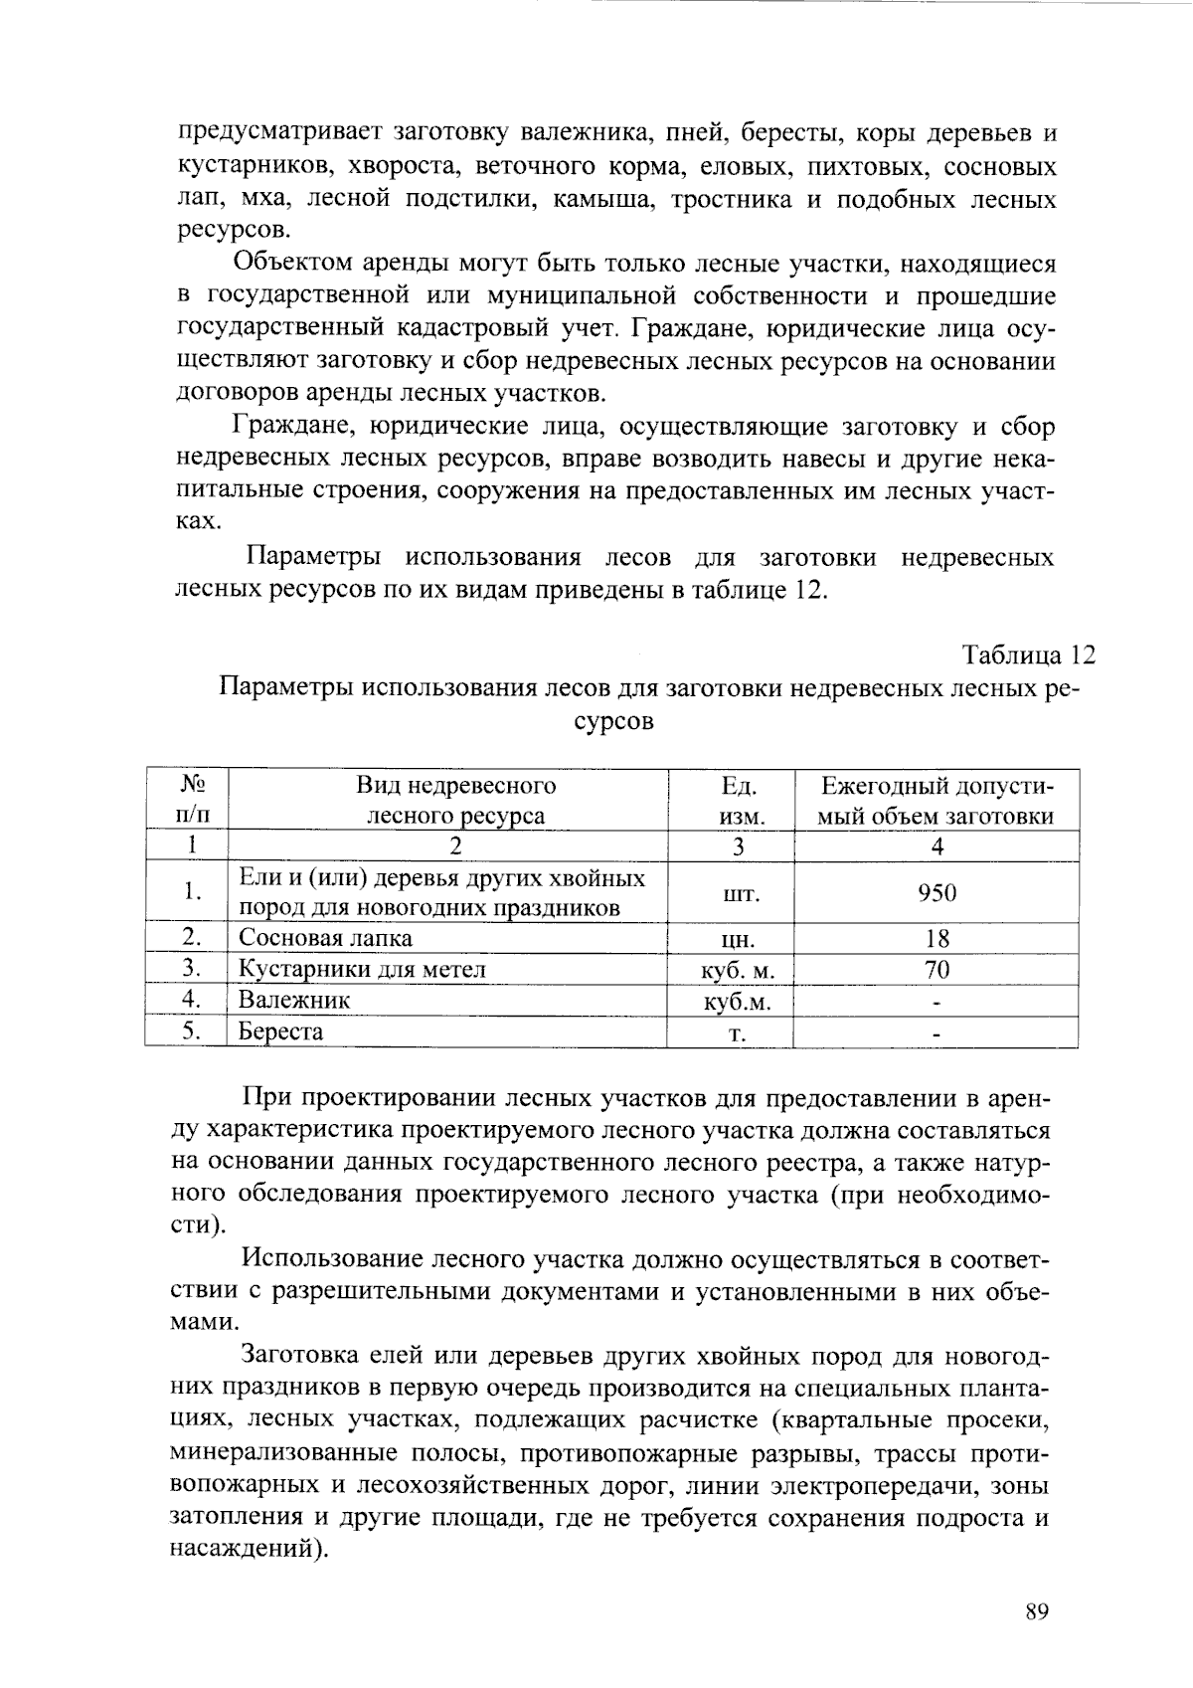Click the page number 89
click(x=1037, y=1612)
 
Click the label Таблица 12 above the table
click(x=1028, y=656)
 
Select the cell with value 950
click(x=937, y=892)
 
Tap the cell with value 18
click(x=937, y=938)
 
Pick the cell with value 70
click(x=937, y=969)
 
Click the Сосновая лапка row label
click(x=325, y=938)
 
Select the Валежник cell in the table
click(x=294, y=1000)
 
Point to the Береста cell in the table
click(x=281, y=1032)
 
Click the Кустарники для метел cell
click(x=362, y=969)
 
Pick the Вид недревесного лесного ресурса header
click(x=455, y=801)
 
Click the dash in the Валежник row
click(x=937, y=1003)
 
